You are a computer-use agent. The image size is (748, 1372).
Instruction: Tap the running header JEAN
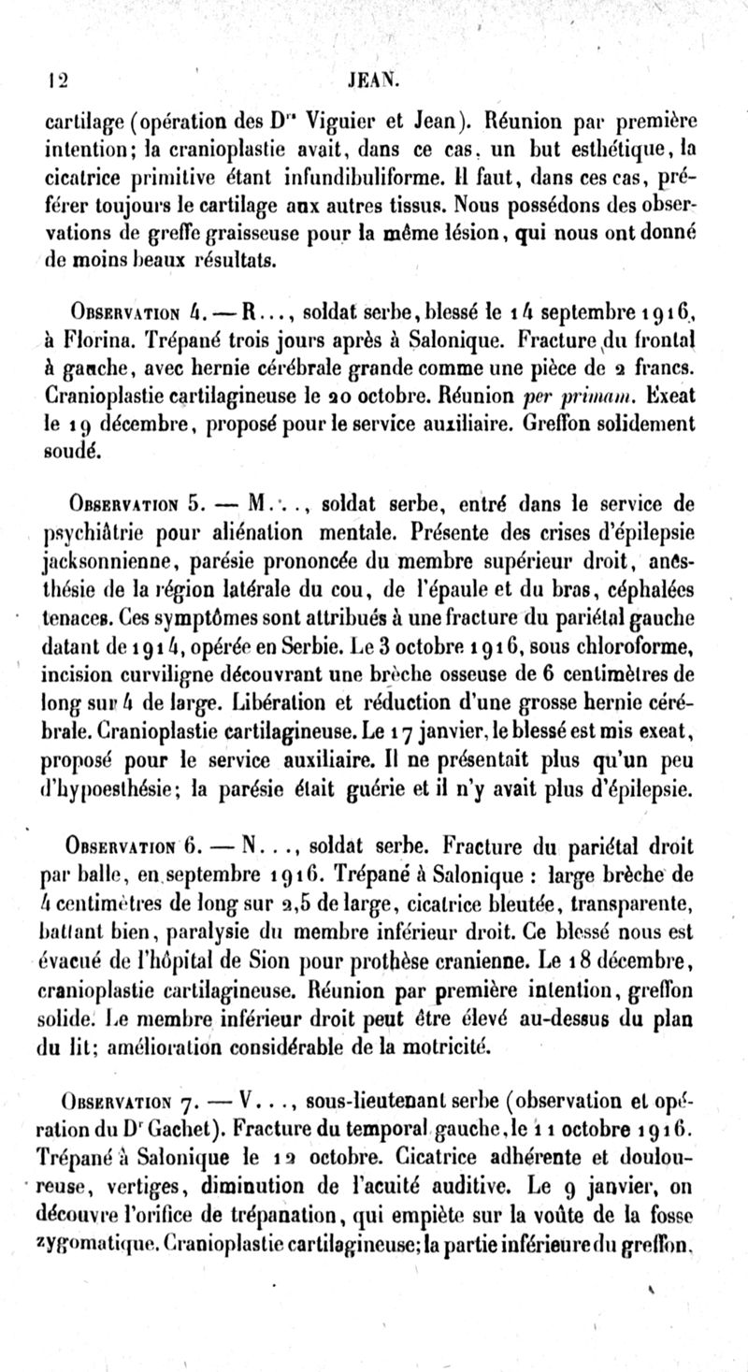[x=374, y=80]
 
